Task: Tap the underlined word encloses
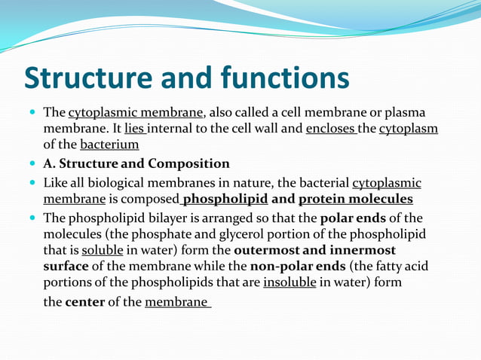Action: point(332,129)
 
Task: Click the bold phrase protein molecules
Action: point(356,199)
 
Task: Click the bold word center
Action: point(85,302)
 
